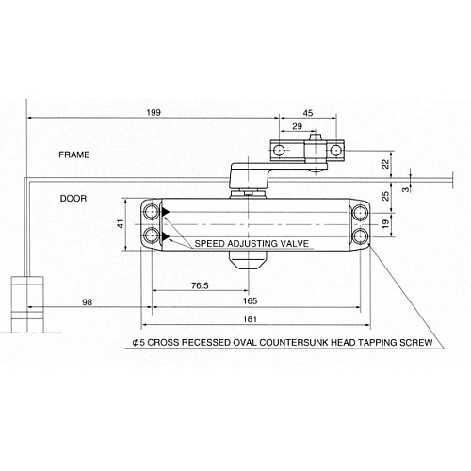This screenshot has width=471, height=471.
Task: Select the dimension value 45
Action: point(308,112)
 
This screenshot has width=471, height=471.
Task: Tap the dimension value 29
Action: point(298,126)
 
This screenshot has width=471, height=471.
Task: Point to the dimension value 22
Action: point(385,164)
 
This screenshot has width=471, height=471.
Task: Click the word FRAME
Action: point(73,154)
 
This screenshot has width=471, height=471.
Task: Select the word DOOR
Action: point(73,199)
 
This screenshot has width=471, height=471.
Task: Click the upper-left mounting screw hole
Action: point(151,212)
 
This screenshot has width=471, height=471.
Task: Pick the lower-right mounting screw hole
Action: point(360,236)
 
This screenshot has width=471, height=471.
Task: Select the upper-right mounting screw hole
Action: point(360,212)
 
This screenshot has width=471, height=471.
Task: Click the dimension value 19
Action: point(385,224)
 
